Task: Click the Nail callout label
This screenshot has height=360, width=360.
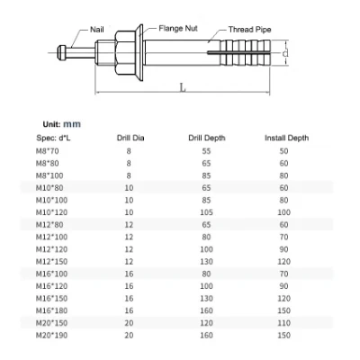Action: pyautogui.click(x=97, y=30)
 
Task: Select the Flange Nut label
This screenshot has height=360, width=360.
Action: pyautogui.click(x=178, y=29)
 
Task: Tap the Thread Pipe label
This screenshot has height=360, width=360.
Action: pyautogui.click(x=249, y=30)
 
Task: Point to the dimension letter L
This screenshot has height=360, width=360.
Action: pyautogui.click(x=183, y=88)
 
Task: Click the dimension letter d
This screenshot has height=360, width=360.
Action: pyautogui.click(x=285, y=53)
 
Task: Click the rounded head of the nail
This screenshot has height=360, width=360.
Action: pyautogui.click(x=61, y=52)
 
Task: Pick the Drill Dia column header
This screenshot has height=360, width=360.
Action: pyautogui.click(x=130, y=138)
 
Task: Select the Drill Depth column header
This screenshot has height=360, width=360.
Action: pyautogui.click(x=207, y=138)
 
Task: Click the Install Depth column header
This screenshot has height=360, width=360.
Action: pyautogui.click(x=286, y=138)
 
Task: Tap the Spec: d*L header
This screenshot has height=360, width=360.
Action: pyautogui.click(x=53, y=138)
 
